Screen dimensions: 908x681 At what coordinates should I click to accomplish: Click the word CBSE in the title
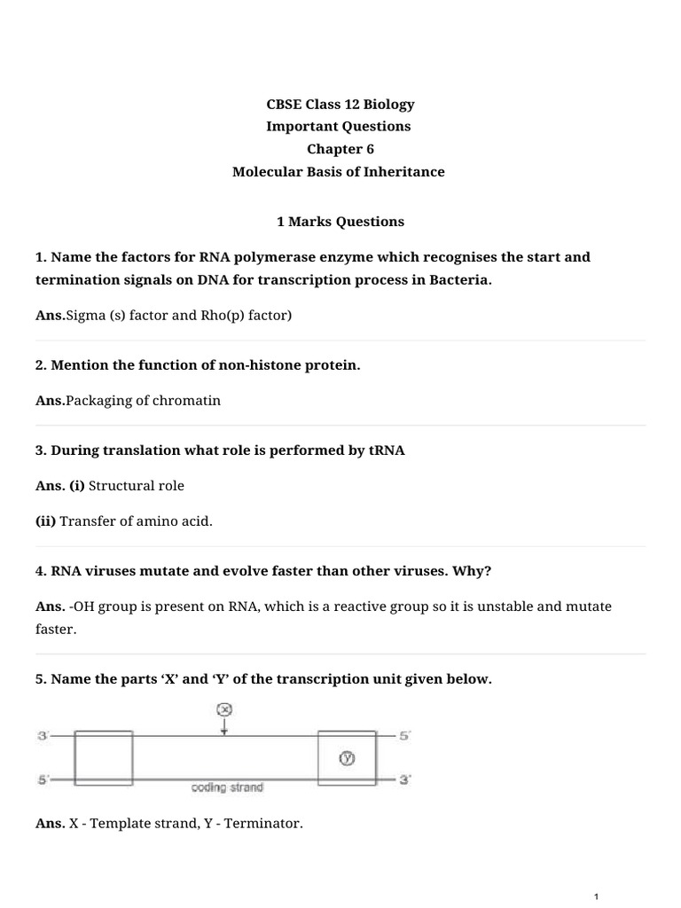coord(284,105)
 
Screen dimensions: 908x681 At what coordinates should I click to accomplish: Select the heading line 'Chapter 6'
coord(340,149)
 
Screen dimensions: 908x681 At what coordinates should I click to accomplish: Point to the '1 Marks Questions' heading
coord(340,222)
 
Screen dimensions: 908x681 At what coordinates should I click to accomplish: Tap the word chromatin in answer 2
coord(189,400)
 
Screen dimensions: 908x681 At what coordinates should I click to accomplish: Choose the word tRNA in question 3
coord(387,450)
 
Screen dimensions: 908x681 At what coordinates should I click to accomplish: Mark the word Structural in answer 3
coord(121,486)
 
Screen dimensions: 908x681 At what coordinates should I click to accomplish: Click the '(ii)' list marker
coord(46,521)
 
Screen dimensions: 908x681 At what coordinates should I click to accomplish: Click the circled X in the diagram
coord(224,709)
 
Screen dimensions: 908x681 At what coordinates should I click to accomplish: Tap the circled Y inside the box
coord(348,758)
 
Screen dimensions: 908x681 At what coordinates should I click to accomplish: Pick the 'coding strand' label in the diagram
coord(227,787)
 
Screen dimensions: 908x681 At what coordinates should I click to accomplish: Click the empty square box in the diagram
coord(104,757)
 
